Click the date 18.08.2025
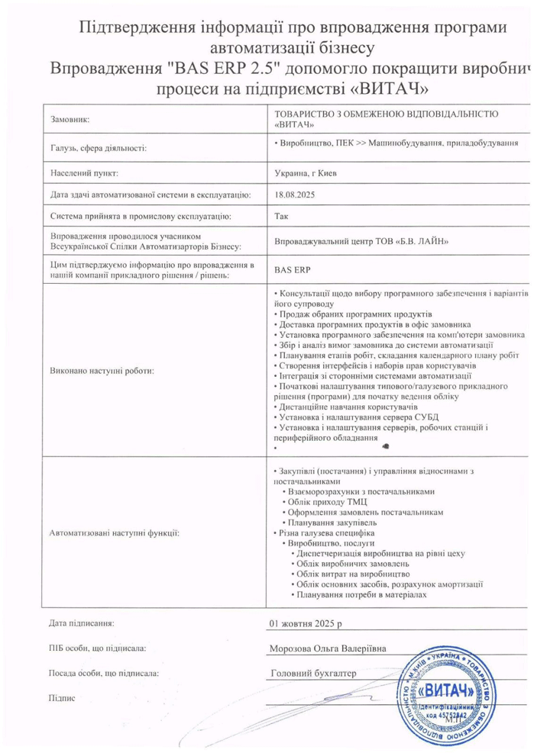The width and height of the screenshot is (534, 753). tap(294, 195)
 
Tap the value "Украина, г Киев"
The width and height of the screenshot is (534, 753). tap(305, 172)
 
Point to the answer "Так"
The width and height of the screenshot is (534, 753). tap(280, 217)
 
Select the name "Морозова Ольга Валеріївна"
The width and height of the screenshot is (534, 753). tap(328, 648)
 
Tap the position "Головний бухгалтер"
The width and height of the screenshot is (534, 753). tap(313, 674)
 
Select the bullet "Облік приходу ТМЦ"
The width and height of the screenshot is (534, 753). tap(328, 503)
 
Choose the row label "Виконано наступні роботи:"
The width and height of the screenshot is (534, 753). tap(102, 372)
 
